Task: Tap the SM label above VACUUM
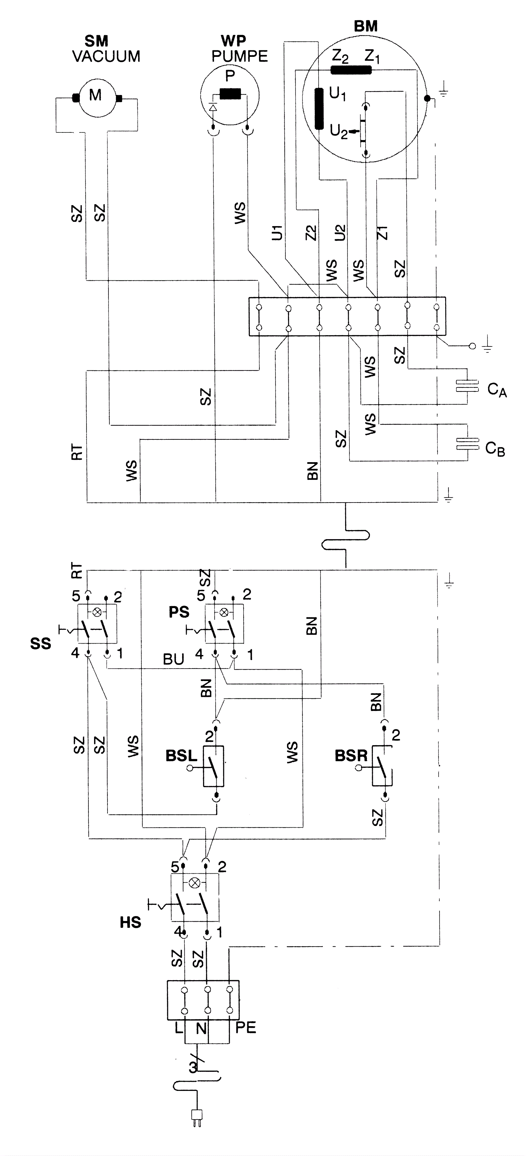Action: [97, 41]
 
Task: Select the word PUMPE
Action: [240, 56]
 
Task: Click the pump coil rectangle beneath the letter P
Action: [231, 94]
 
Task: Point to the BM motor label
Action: [366, 27]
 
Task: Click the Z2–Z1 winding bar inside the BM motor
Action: [351, 70]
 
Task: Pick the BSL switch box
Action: [214, 766]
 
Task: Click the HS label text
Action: [131, 923]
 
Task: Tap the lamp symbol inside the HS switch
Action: [195, 883]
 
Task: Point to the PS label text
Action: [179, 612]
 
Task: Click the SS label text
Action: [41, 644]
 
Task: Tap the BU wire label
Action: [174, 659]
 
